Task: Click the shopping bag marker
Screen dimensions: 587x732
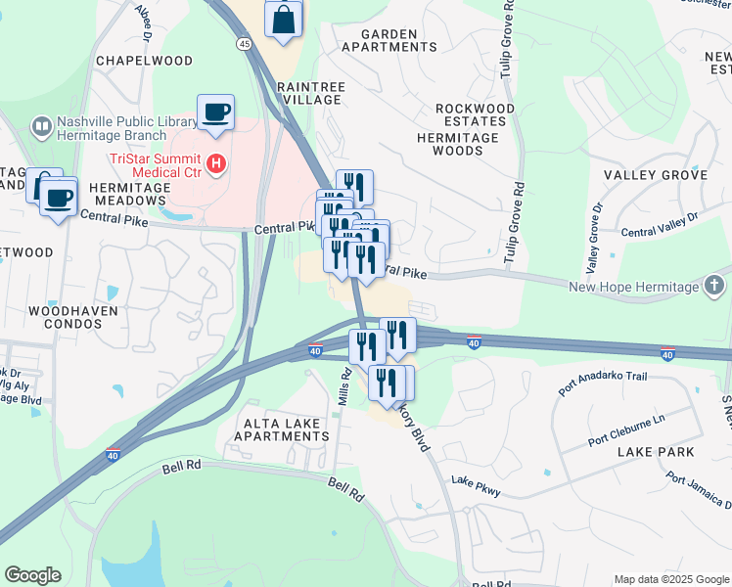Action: coord(283,18)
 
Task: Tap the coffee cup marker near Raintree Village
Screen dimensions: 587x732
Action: coord(215,112)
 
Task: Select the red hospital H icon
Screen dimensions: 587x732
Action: coord(217,162)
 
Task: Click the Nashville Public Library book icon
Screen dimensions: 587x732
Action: coord(41,126)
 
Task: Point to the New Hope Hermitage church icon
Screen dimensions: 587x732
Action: coord(716,286)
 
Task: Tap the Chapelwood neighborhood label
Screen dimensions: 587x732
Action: coord(145,61)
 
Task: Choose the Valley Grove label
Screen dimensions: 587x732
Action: coord(655,174)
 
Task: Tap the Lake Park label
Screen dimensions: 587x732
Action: coord(656,452)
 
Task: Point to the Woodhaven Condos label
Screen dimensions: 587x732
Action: coord(73,317)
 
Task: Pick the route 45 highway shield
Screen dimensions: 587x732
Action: coord(243,43)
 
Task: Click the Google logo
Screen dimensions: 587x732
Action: coord(32,575)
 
